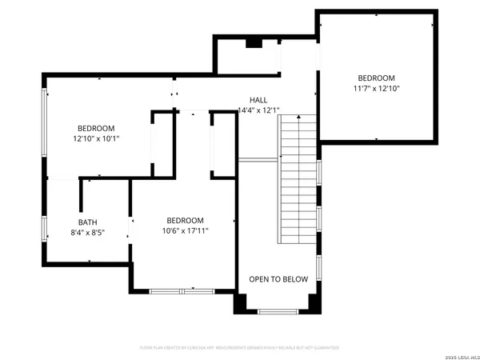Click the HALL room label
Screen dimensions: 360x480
tap(258, 100)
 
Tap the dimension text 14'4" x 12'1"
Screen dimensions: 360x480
tap(258, 110)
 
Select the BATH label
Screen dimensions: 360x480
tap(86, 222)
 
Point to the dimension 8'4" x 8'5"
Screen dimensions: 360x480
tap(86, 233)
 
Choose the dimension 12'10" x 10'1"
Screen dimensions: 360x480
tap(96, 138)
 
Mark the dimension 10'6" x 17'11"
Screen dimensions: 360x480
tap(185, 232)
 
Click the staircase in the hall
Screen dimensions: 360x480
tap(298, 180)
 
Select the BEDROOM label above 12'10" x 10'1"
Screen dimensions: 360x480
tap(96, 128)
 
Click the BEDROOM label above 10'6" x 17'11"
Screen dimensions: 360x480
tap(185, 221)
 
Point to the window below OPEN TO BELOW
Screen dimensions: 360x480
tap(278, 310)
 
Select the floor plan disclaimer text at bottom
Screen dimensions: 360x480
tap(240, 348)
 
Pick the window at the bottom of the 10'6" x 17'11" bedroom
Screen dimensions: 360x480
tap(182, 290)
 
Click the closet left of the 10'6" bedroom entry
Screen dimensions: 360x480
tap(163, 144)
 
